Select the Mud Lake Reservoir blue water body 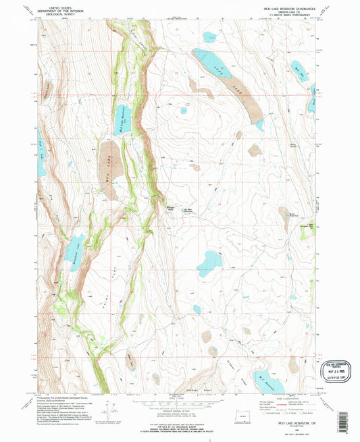coord(124,119)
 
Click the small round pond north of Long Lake coord(209,37)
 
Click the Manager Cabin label coord(172,206)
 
